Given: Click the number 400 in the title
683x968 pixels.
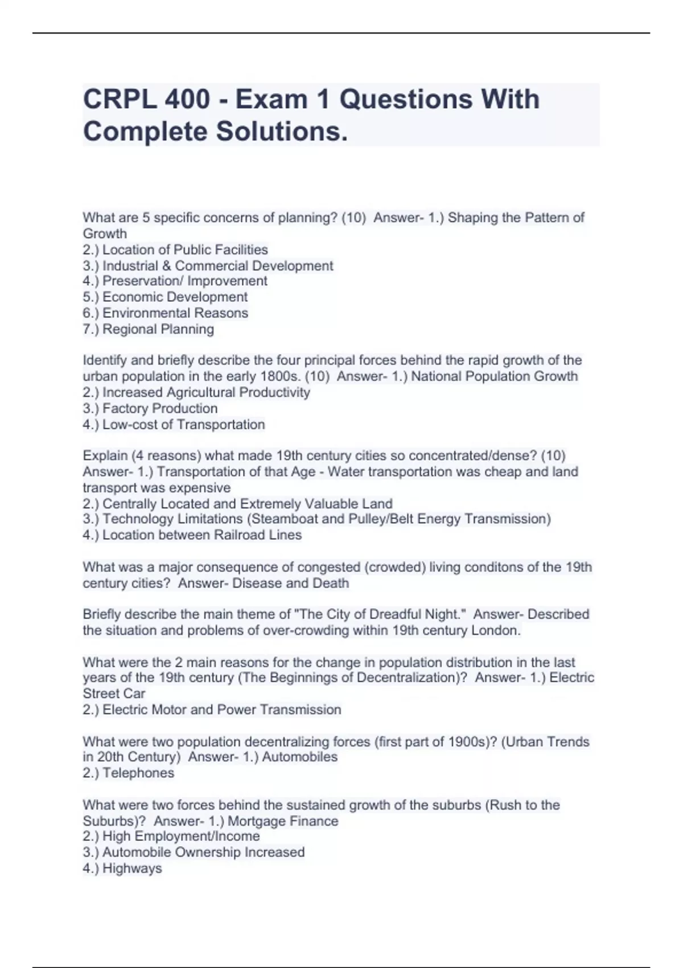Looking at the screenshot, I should coord(187,100).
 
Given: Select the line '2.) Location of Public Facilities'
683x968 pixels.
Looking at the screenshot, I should coord(175,249).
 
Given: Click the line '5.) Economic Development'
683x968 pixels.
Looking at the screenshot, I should coord(165,297).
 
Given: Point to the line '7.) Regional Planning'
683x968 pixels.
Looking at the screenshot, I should coord(149,329).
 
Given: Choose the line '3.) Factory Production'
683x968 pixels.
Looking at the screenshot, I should coord(150,408).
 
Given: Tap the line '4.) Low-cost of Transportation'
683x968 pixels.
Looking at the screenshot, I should coord(174,424).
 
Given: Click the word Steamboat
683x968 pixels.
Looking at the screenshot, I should coord(286,519).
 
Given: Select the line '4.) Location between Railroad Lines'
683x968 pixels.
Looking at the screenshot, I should coord(192,535).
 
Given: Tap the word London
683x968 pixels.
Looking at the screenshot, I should coord(497,630).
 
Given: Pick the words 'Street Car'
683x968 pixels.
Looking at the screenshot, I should coord(114,694).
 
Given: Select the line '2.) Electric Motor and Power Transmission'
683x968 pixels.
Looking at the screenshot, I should coord(212,709).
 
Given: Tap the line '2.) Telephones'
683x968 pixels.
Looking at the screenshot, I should coord(129,773).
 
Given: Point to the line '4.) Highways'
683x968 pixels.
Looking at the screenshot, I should coord(122,868).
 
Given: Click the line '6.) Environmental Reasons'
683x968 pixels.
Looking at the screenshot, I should coord(166,313).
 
